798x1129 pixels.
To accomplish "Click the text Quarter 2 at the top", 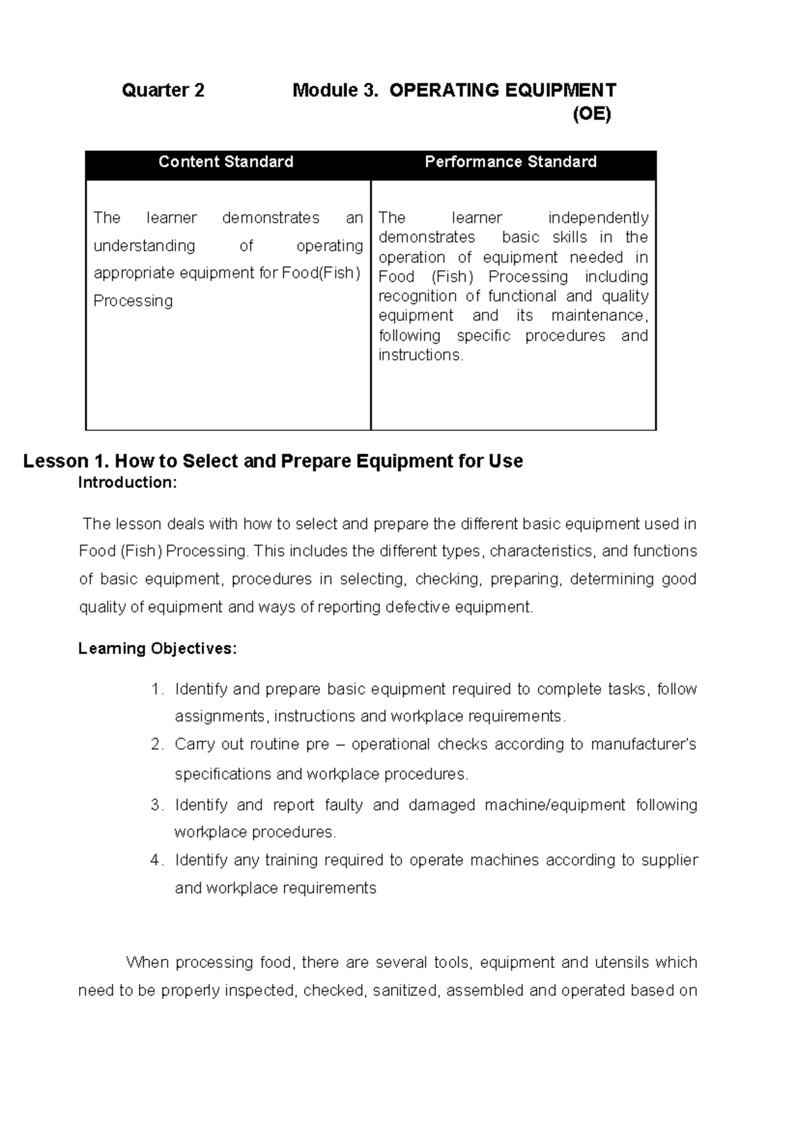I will click(163, 90).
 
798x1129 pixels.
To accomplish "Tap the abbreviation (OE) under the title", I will click(591, 114).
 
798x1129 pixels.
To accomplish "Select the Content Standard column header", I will click(225, 162).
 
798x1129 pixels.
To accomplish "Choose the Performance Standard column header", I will click(511, 162).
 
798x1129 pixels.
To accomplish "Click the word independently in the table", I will click(598, 218).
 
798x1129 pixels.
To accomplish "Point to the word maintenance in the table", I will click(598, 315).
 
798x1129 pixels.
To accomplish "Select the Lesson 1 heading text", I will click(273, 461).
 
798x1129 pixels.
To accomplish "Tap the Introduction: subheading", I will click(128, 483).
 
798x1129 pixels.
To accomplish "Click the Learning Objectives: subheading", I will click(157, 648).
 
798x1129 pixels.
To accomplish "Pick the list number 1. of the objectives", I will click(157, 690).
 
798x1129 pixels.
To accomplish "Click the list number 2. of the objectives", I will click(157, 745).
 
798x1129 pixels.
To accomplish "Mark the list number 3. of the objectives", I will click(157, 805).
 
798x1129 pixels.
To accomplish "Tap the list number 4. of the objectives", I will click(157, 860).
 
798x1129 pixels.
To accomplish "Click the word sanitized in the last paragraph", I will click(406, 991).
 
